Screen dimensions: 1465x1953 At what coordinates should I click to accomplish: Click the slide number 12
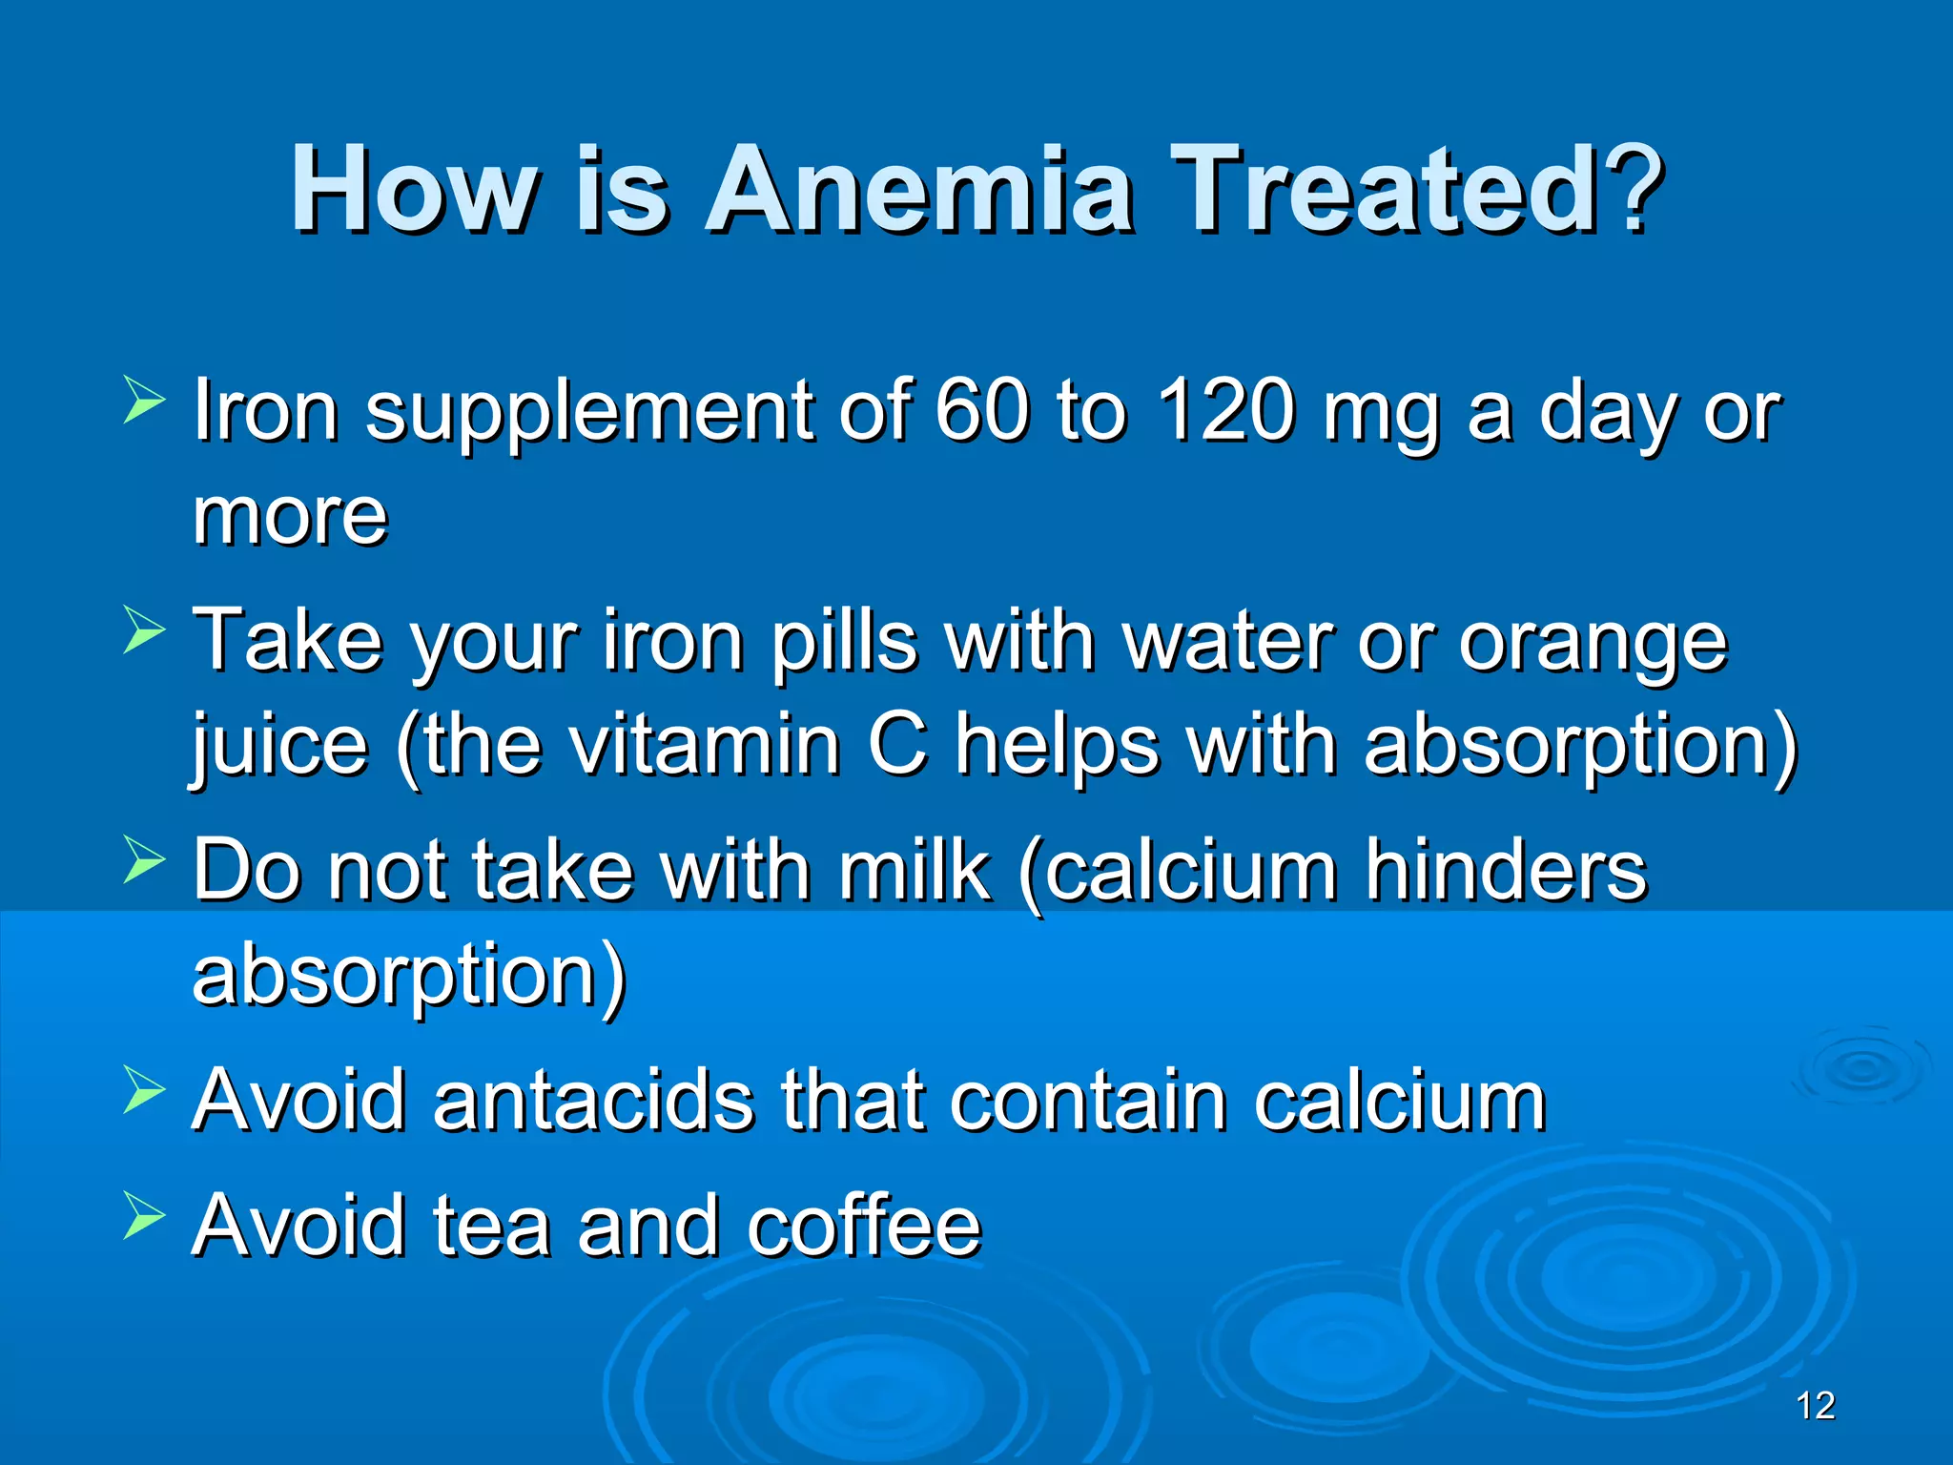pos(1815,1406)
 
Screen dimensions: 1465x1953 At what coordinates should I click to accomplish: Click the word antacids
pos(592,1100)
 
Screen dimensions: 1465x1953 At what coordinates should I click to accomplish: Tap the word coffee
pos(864,1225)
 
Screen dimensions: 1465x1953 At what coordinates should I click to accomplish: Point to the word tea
pos(491,1227)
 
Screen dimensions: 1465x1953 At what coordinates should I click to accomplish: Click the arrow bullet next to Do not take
pos(144,857)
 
